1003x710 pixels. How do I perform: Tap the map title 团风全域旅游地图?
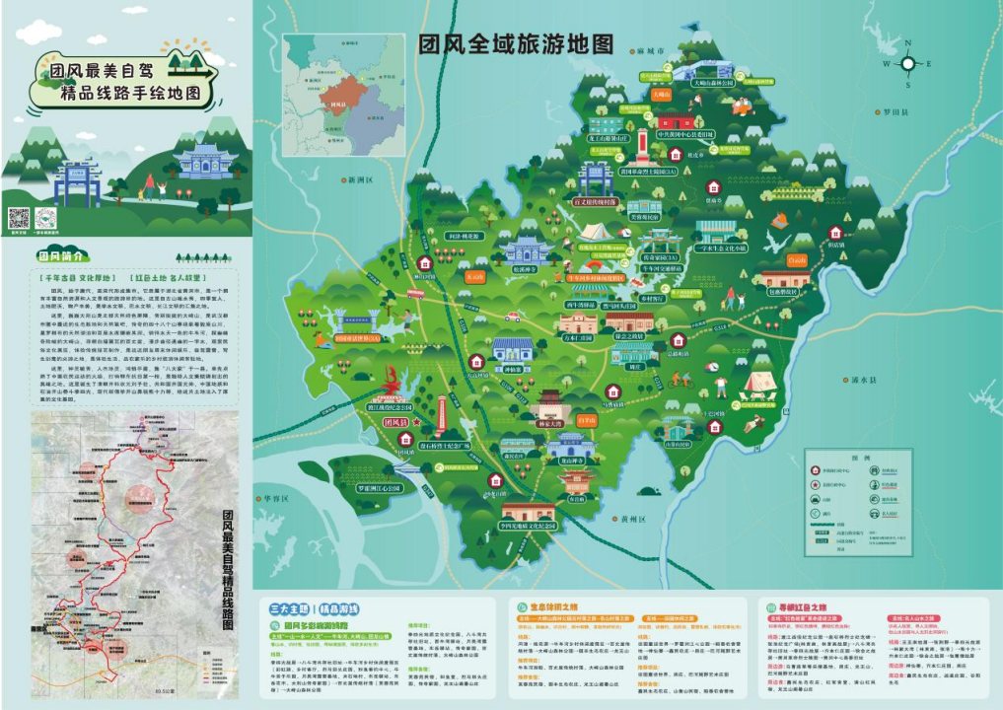click(517, 45)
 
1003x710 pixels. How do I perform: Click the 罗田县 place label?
click(894, 112)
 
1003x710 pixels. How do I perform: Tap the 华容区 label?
click(274, 498)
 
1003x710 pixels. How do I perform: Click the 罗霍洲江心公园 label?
click(380, 488)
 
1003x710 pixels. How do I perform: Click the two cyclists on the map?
click(681, 378)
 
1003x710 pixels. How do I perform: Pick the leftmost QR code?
click(20, 219)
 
